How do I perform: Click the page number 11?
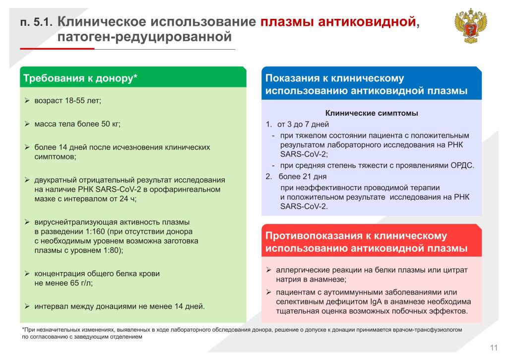[x=493, y=347]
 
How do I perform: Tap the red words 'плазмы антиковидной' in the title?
[x=337, y=22]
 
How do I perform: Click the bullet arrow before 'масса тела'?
[x=27, y=124]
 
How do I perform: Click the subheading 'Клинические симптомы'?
[x=372, y=113]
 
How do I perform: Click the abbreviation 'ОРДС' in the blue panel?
[x=461, y=166]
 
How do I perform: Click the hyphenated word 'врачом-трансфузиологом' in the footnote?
[x=425, y=329]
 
